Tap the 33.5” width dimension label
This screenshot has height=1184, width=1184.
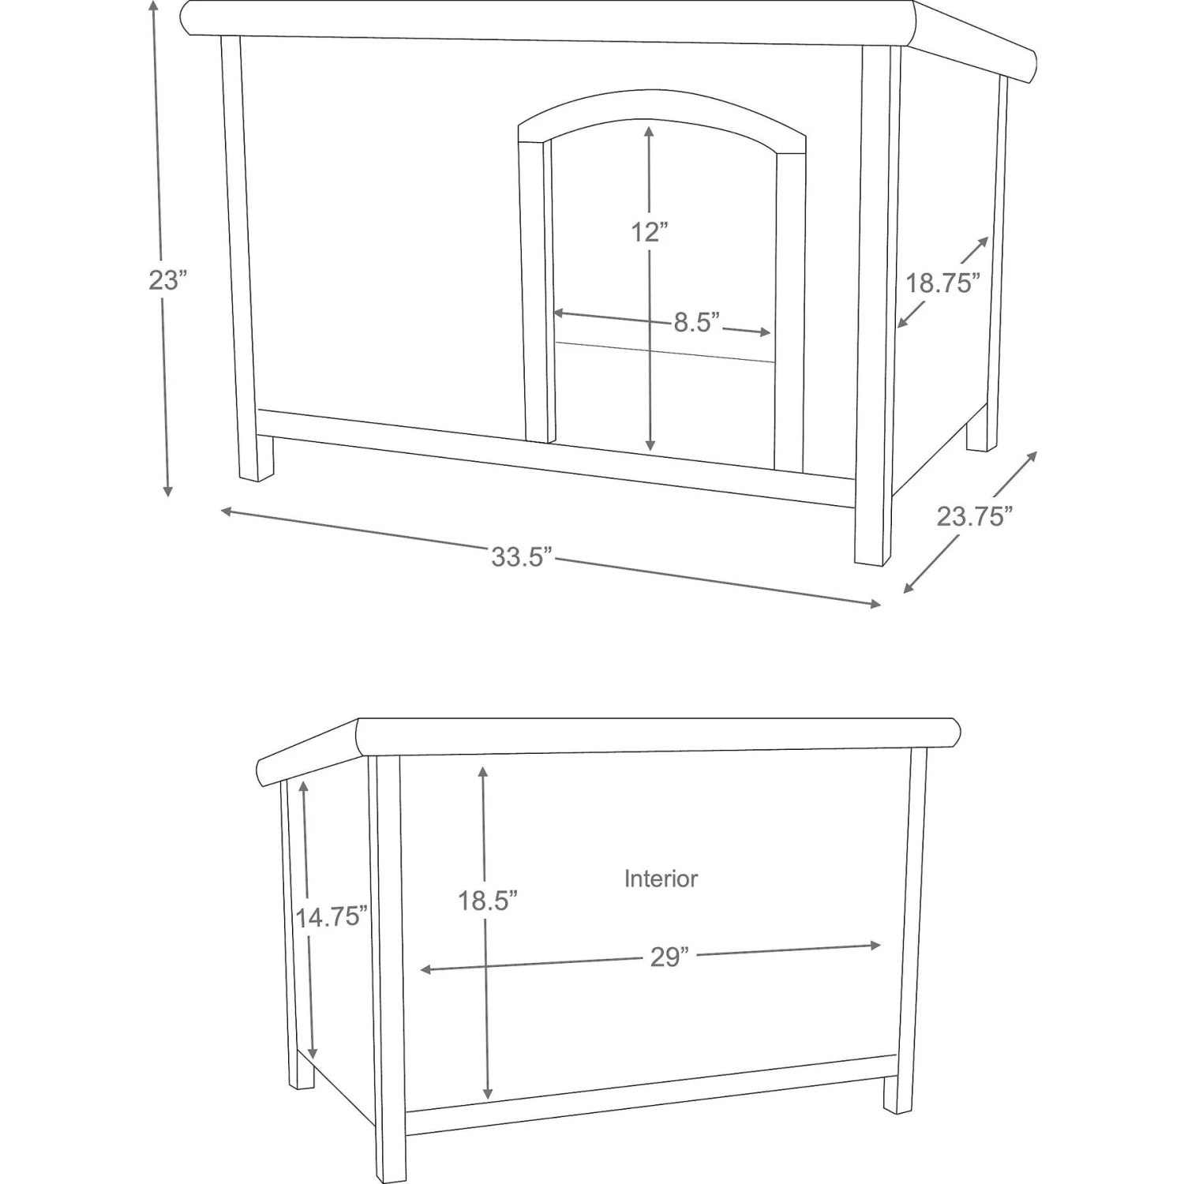click(521, 556)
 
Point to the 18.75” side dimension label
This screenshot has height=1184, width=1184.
click(942, 283)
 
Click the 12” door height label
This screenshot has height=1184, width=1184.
click(649, 232)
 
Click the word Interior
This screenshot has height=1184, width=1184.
click(661, 879)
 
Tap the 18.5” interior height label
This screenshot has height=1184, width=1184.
click(487, 901)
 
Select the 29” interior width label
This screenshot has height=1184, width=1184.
click(669, 957)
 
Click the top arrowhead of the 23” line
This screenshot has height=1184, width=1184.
click(154, 6)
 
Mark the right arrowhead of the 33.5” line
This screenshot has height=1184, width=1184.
click(875, 604)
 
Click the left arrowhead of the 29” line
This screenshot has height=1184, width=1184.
click(425, 969)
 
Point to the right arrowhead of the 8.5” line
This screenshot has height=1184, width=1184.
click(765, 332)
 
